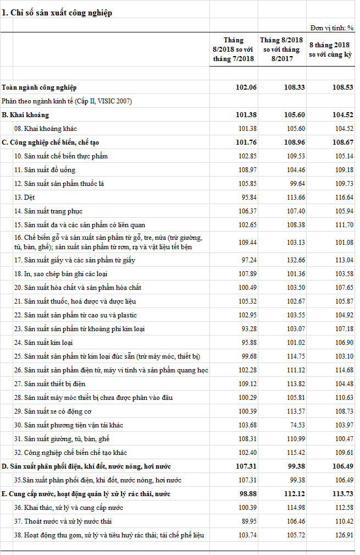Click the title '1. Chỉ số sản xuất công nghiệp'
(57, 13)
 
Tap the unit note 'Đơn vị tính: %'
(331, 28)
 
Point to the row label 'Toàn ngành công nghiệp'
(39, 87)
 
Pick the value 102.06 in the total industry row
(245, 87)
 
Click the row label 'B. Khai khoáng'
(25, 115)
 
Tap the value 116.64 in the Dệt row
(342, 197)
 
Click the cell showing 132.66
(294, 260)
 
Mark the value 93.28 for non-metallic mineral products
(246, 329)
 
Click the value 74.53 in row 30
(294, 425)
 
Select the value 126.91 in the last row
(342, 535)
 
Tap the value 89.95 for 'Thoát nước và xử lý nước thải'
(246, 521)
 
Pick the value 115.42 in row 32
(294, 453)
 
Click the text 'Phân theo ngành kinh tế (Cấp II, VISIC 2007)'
(67, 101)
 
